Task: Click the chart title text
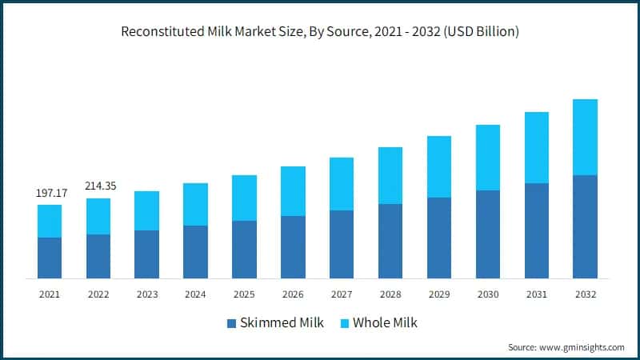pyautogui.click(x=320, y=33)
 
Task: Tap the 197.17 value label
pyautogui.click(x=50, y=194)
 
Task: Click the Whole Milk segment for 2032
pyautogui.click(x=586, y=137)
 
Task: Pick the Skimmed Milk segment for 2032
pyautogui.click(x=586, y=226)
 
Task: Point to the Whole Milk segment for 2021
pyautogui.click(x=50, y=221)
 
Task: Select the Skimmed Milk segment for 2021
pyautogui.click(x=50, y=258)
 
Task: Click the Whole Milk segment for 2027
pyautogui.click(x=342, y=184)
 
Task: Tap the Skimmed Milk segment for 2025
pyautogui.click(x=244, y=250)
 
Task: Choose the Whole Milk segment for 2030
pyautogui.click(x=488, y=158)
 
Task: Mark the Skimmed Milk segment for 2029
pyautogui.click(x=439, y=238)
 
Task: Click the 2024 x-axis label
pyautogui.click(x=195, y=294)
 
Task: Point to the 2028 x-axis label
pyautogui.click(x=390, y=294)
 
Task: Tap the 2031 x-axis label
pyautogui.click(x=537, y=294)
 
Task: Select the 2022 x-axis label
pyautogui.click(x=98, y=294)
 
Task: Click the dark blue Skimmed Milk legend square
pyautogui.click(x=232, y=323)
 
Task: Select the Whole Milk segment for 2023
pyautogui.click(x=146, y=210)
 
